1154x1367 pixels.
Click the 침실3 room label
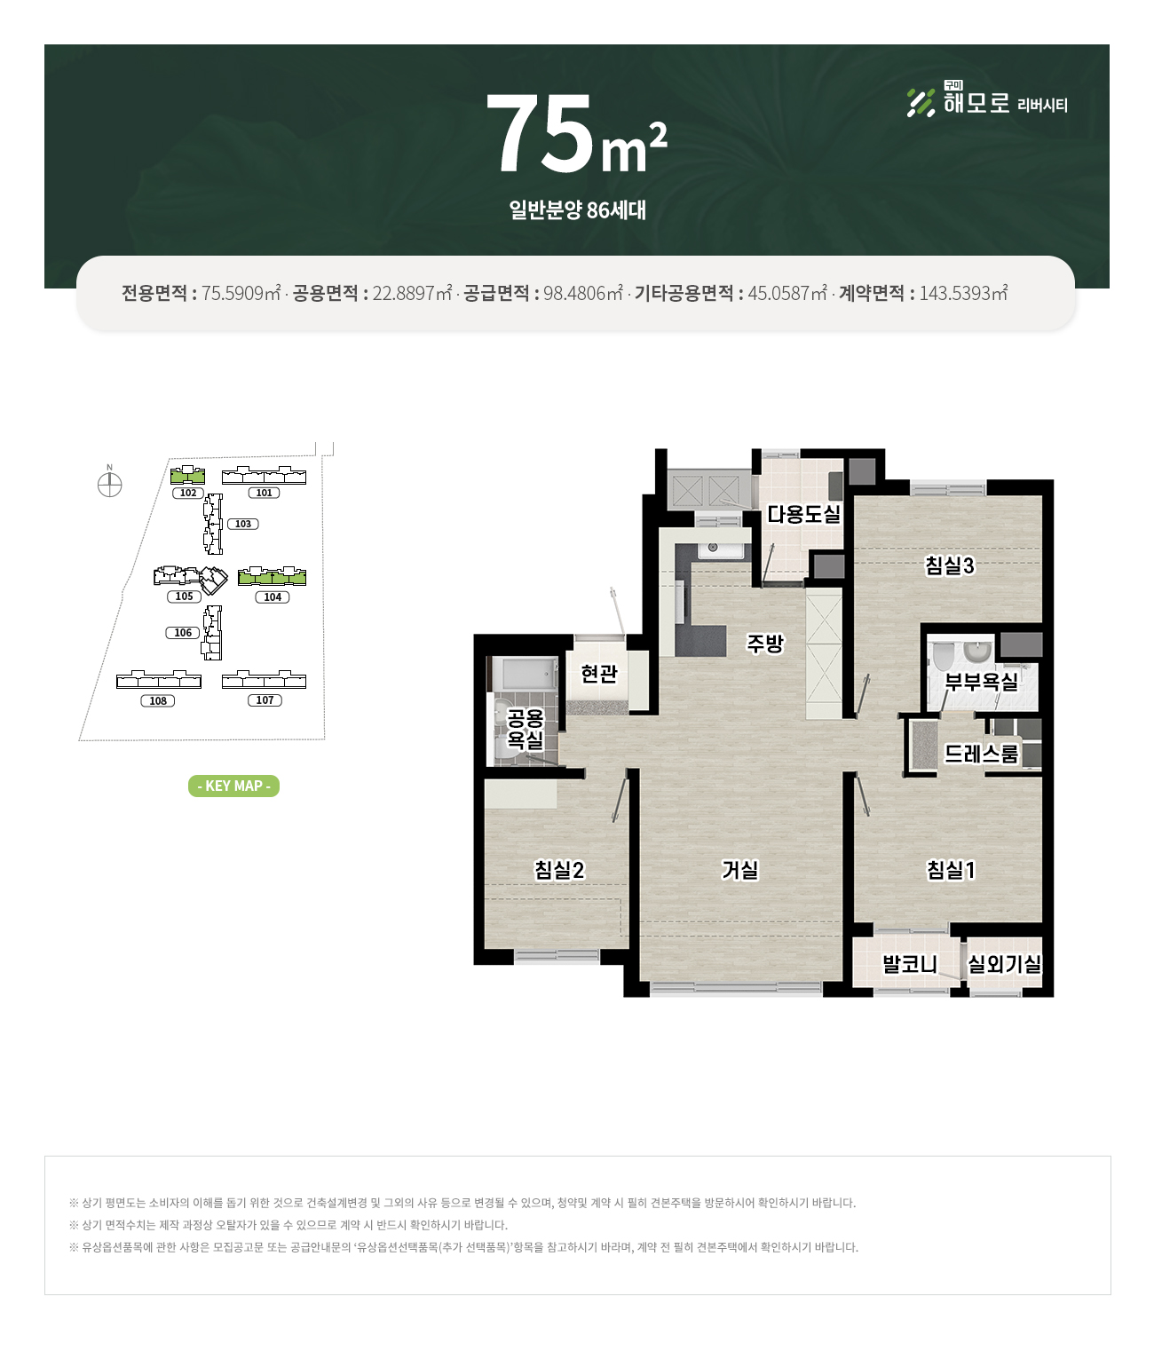(x=949, y=565)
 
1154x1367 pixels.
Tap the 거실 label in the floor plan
(x=739, y=869)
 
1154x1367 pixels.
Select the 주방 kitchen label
(x=765, y=643)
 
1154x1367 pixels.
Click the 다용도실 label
(x=803, y=514)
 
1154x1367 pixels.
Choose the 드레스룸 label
(x=980, y=754)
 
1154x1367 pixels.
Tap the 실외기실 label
(x=1004, y=963)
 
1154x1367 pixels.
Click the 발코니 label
(x=909, y=963)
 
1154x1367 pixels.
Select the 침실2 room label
(x=558, y=869)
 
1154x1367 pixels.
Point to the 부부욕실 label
(x=980, y=682)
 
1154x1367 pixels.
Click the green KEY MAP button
(x=233, y=786)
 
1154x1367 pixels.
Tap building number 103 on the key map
(x=243, y=524)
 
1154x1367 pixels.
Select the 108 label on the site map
(x=158, y=700)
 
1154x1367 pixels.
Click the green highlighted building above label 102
(x=187, y=475)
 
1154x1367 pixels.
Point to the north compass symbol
(x=109, y=484)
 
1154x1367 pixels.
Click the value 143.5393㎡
(x=963, y=293)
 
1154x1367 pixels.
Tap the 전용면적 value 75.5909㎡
(x=241, y=293)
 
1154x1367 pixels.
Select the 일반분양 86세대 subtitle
(x=577, y=209)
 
